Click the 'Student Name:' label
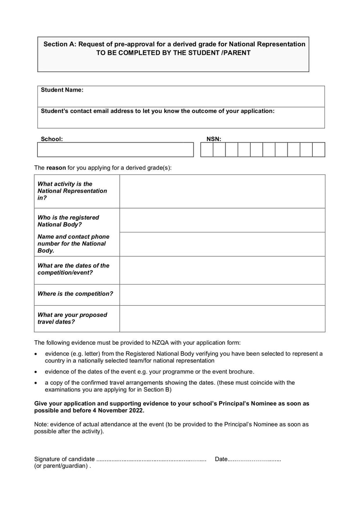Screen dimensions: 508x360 (x=62, y=90)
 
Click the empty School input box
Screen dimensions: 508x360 (x=115, y=150)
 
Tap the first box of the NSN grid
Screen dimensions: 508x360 (x=207, y=150)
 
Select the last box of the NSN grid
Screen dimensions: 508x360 (x=319, y=150)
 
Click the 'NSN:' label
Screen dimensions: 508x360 (x=214, y=139)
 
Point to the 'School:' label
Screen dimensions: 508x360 (x=52, y=139)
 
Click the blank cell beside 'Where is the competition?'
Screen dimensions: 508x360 (x=222, y=294)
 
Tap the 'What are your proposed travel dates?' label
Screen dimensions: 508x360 (x=72, y=318)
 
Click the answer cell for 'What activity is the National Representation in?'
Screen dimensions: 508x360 (x=222, y=191)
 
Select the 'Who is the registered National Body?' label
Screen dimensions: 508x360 (x=68, y=221)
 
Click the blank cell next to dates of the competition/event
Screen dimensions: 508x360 (x=222, y=270)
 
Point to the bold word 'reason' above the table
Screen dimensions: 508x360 (x=56, y=168)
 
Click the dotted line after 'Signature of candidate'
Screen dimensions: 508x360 (x=151, y=459)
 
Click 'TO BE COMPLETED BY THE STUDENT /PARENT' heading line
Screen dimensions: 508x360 (x=173, y=53)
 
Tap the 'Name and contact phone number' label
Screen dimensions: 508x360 (x=73, y=243)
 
